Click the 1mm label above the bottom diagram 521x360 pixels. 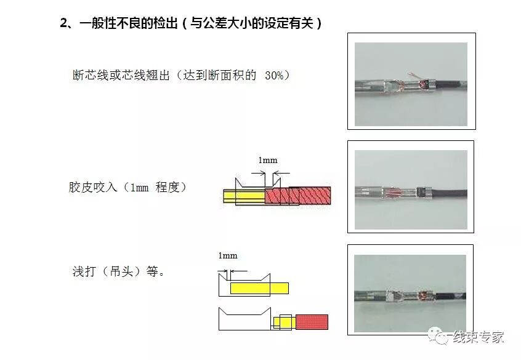tap(227, 255)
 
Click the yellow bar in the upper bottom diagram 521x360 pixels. tap(259, 287)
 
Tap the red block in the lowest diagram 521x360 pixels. tap(312, 322)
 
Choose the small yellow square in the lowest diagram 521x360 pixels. tap(285, 322)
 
